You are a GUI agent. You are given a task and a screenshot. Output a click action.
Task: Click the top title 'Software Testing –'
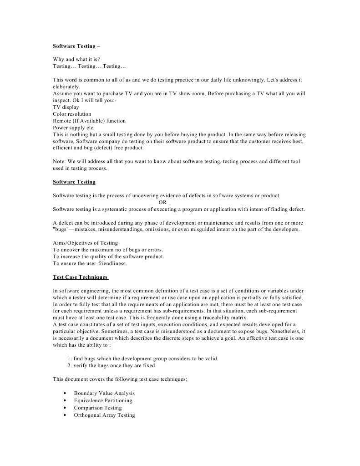pyautogui.click(x=76, y=46)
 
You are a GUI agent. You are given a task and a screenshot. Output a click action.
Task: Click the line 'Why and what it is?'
pyautogui.click(x=76, y=60)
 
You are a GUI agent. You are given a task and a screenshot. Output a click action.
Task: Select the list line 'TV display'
pyautogui.click(x=66, y=107)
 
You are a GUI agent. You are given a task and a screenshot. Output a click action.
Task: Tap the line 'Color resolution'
pyautogui.click(x=72, y=114)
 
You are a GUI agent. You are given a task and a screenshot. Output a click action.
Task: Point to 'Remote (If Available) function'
pyautogui.click(x=89, y=121)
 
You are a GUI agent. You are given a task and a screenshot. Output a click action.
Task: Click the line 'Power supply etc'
pyautogui.click(x=73, y=128)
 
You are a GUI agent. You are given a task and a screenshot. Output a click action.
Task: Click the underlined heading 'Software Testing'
pyautogui.click(x=74, y=182)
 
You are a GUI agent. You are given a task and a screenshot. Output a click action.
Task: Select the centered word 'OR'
pyautogui.click(x=162, y=202)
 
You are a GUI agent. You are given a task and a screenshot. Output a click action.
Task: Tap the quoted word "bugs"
pyautogui.click(x=61, y=230)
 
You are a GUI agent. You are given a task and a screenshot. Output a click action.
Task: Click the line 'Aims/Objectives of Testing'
pyautogui.click(x=85, y=243)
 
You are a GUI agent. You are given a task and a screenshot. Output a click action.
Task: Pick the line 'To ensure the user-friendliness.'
pyautogui.click(x=90, y=263)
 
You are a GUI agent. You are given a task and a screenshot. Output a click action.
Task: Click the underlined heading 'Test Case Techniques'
pyautogui.click(x=80, y=277)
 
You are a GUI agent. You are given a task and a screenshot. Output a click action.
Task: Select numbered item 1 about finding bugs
pyautogui.click(x=143, y=358)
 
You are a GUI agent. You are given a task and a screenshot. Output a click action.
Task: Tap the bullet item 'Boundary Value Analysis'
pyautogui.click(x=104, y=393)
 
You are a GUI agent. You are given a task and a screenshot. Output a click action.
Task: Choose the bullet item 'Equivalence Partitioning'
pyautogui.click(x=103, y=400)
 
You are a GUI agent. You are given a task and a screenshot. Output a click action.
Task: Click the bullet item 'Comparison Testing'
pyautogui.click(x=98, y=408)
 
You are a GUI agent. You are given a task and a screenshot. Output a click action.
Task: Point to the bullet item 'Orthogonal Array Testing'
pyautogui.click(x=104, y=415)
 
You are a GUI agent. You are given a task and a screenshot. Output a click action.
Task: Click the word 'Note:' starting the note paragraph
pyautogui.click(x=60, y=161)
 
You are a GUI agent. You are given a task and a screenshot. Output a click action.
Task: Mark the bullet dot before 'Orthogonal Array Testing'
pyautogui.click(x=66, y=415)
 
